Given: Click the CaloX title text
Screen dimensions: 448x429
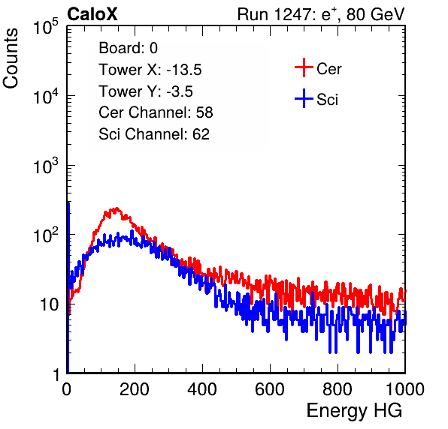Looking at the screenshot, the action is pyautogui.click(x=92, y=14).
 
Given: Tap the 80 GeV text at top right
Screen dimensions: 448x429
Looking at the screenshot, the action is pyautogui.click(x=375, y=14).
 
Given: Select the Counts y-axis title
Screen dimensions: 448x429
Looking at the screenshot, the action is pyautogui.click(x=11, y=58).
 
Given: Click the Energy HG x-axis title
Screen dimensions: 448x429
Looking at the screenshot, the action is pyautogui.click(x=354, y=411).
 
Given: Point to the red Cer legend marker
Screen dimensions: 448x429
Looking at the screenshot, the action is pyautogui.click(x=304, y=67).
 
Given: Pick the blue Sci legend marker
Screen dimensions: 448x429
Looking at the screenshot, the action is pyautogui.click(x=304, y=99).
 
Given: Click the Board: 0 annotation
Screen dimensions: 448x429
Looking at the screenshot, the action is pyautogui.click(x=128, y=48).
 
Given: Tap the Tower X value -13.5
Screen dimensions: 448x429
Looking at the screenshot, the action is pyautogui.click(x=184, y=70).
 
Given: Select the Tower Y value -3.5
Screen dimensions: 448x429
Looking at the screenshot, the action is pyautogui.click(x=180, y=91).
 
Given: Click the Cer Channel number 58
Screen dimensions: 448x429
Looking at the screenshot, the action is pyautogui.click(x=204, y=112).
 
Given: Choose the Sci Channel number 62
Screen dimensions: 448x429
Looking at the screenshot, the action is pyautogui.click(x=201, y=134).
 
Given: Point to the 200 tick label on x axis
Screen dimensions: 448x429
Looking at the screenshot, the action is pyautogui.click(x=135, y=389).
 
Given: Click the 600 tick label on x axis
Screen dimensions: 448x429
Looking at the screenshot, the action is pyautogui.click(x=270, y=389).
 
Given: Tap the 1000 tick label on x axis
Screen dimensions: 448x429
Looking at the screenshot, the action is pyautogui.click(x=405, y=389).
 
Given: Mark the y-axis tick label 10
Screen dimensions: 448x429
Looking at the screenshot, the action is pyautogui.click(x=49, y=305).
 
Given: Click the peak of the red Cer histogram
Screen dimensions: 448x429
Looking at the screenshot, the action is pyautogui.click(x=117, y=208).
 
